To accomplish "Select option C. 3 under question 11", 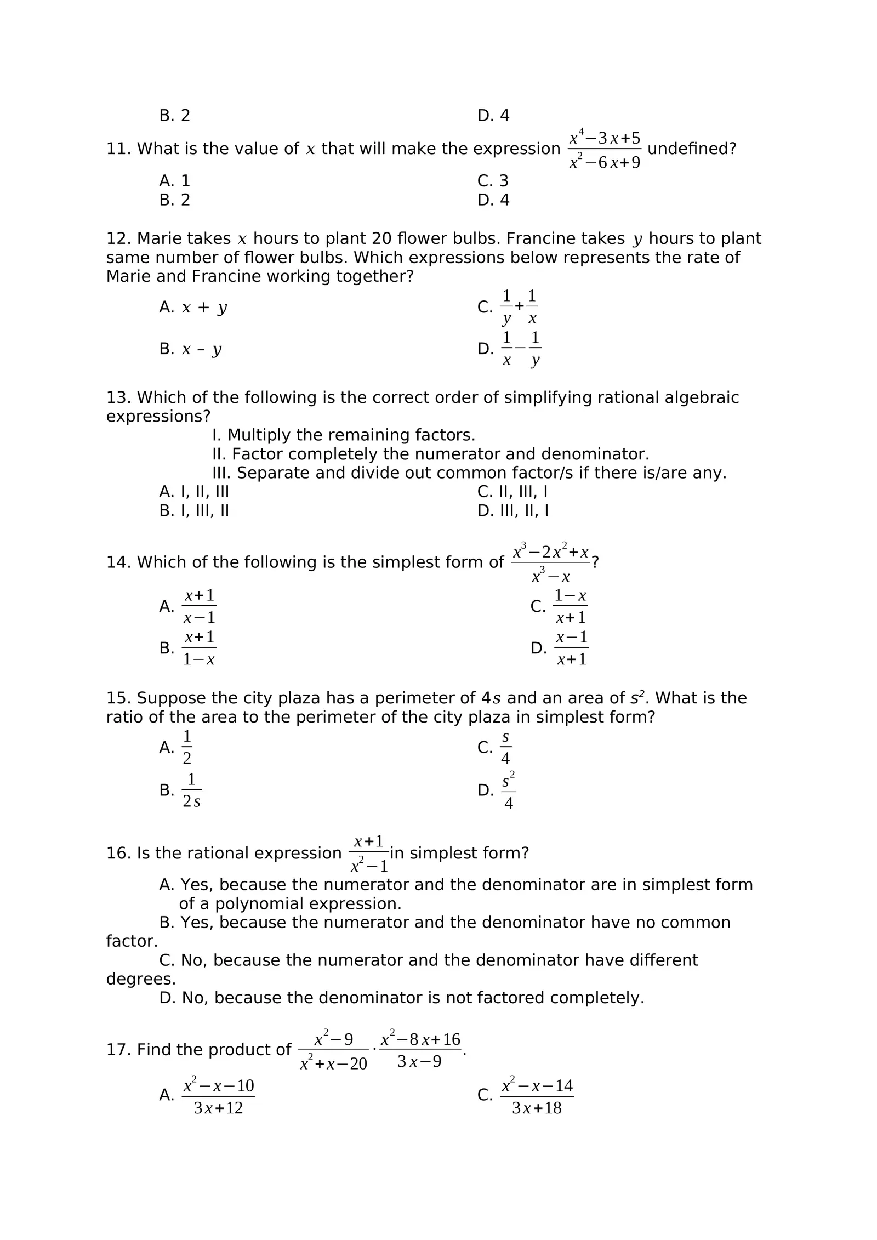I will pos(492,181).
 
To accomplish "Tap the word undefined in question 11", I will pos(691,149).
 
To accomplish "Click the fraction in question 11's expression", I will pos(604,150).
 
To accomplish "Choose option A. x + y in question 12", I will pos(193,308).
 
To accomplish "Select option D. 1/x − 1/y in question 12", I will pos(510,349).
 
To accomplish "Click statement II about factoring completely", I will pos(430,454).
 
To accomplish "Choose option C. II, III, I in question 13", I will pos(512,492).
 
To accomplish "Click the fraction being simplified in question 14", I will pos(551,562).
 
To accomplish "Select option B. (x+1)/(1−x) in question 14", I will pos(189,649).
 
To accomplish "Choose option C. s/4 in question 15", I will pos(495,748).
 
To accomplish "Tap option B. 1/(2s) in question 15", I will pos(181,790).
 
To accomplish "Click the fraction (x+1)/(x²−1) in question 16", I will pos(368,854).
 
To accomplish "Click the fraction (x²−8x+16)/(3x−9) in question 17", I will pos(420,1050).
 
